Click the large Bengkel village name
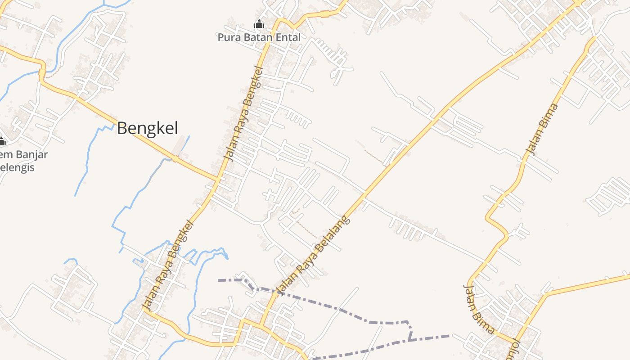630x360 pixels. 148,128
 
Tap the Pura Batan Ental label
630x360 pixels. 259,37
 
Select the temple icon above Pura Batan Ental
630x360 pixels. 259,24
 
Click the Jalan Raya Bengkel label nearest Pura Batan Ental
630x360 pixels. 243,113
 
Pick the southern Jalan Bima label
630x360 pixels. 479,310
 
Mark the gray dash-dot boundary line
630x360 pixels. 342,310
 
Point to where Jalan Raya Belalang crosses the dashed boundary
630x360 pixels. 273,292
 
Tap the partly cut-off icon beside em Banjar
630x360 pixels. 2,142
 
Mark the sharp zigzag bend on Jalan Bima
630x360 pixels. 497,225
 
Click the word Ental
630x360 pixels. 286,37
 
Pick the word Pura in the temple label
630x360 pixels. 228,37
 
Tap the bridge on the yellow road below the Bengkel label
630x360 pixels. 175,158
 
